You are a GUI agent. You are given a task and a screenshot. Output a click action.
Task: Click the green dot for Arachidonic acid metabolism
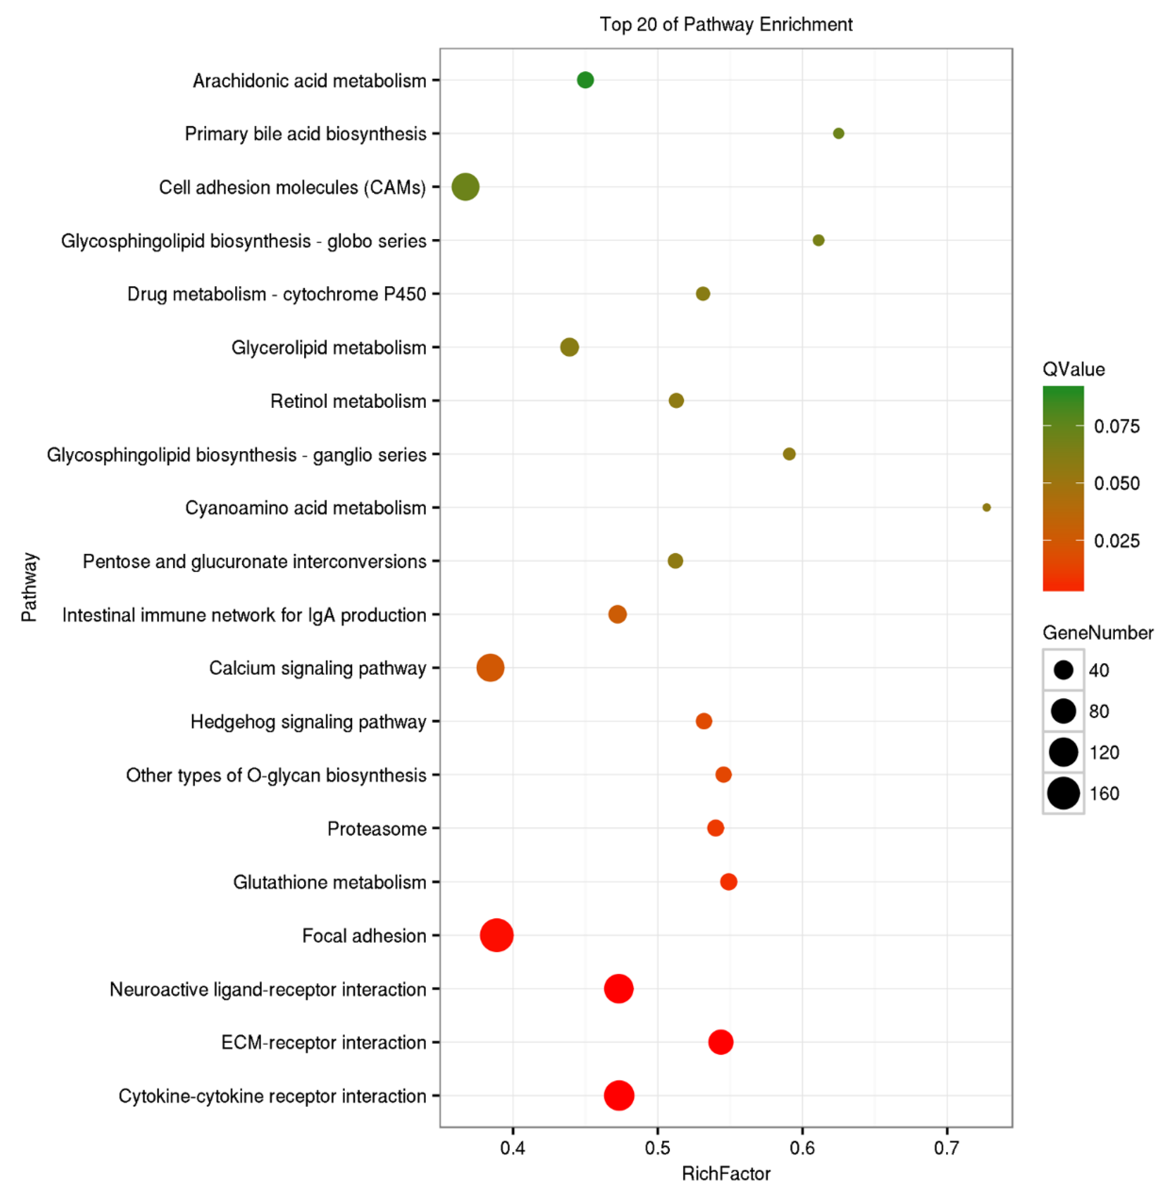(585, 80)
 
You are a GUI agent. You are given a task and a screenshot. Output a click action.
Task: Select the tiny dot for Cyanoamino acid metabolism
(986, 507)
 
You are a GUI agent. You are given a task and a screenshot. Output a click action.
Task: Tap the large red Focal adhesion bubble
(496, 935)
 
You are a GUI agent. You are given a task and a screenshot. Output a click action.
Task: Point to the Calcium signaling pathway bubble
(490, 668)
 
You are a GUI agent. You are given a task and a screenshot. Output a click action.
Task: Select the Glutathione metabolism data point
(728, 882)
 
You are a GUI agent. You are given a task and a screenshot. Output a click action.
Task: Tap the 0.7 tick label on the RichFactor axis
(946, 1148)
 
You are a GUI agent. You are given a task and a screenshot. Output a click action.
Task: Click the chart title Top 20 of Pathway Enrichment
(726, 25)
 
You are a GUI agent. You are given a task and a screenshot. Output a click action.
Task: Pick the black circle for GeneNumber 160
(1063, 793)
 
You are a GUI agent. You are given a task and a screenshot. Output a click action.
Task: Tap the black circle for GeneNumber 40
(1063, 670)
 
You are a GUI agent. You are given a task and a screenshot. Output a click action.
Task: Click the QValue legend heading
(1073, 369)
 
